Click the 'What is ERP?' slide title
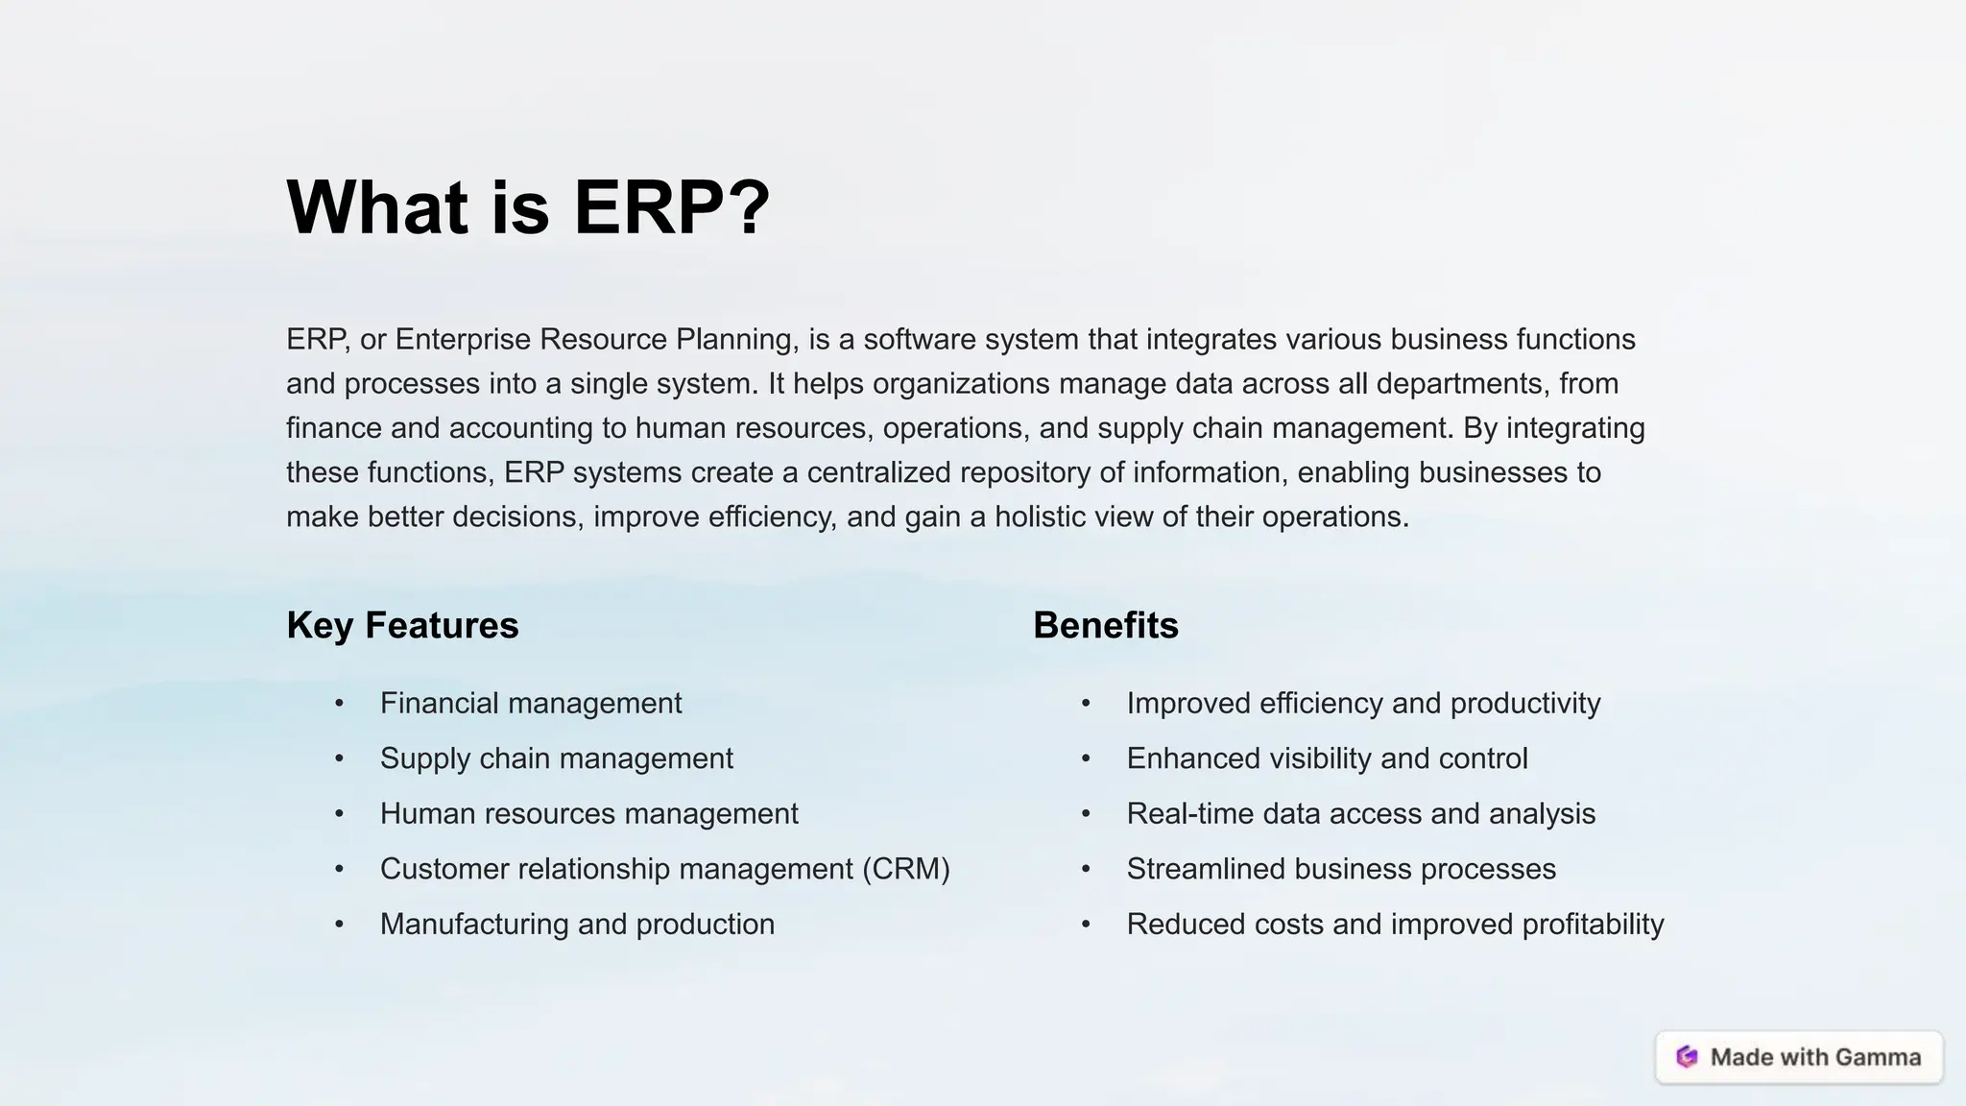coord(528,207)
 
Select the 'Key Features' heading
coord(402,625)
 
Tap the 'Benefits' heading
coord(1105,625)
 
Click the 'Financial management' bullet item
coord(530,703)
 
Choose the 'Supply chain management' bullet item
coord(556,758)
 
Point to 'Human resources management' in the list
coord(588,813)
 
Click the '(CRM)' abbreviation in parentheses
coord(905,869)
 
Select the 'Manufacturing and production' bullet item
coord(577,924)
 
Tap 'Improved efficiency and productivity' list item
coord(1363,703)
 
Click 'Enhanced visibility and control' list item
coord(1327,758)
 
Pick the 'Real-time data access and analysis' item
coord(1360,813)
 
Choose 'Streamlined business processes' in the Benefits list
coord(1340,869)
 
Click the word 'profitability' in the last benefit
coord(1593,924)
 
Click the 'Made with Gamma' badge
coord(1799,1057)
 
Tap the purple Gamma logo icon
coord(1687,1057)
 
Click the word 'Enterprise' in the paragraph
coord(464,339)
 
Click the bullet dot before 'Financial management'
coord(339,704)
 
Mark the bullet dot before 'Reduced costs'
coord(1086,925)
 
